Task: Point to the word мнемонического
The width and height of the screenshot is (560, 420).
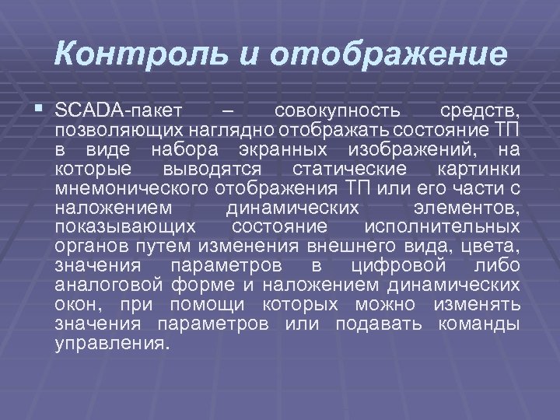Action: tap(128, 188)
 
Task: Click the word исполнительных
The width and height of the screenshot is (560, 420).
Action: tap(443, 229)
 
